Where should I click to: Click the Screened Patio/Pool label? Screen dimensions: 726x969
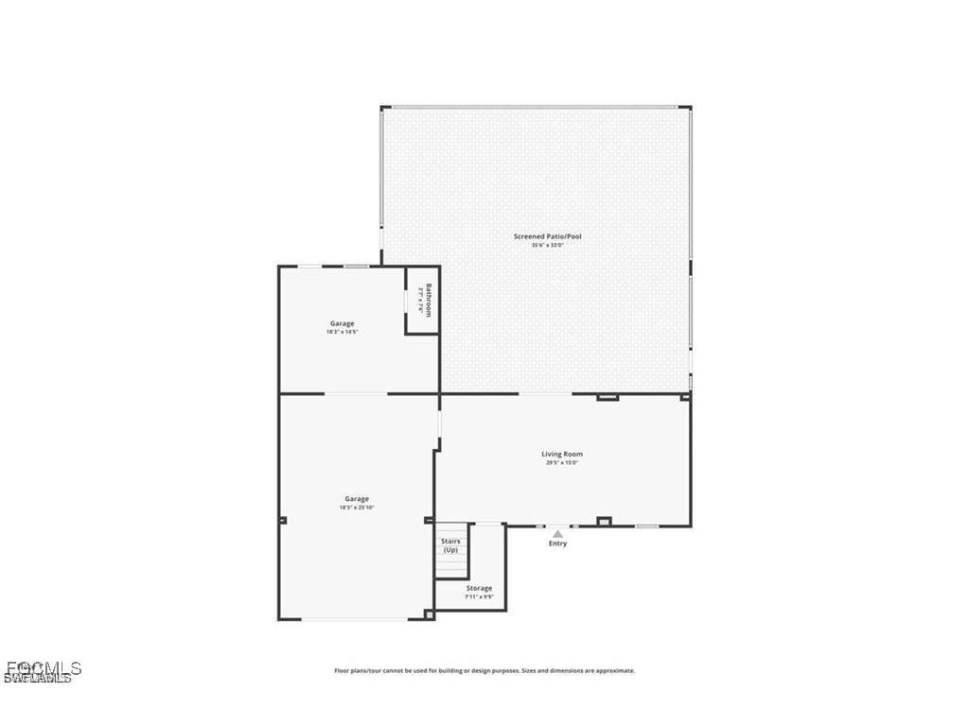(x=547, y=236)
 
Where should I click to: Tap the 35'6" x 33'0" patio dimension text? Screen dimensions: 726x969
(x=547, y=246)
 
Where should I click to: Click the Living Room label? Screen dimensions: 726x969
(x=562, y=454)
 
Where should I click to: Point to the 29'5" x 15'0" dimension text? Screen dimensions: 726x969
(x=562, y=463)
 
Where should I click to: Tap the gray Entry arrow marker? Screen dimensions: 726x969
(x=558, y=534)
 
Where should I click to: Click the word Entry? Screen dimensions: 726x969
(x=558, y=544)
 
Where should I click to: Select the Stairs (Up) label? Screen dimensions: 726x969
(x=450, y=545)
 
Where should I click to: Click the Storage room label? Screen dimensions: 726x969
(x=479, y=588)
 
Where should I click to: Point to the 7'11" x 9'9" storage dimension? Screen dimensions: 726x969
(x=479, y=597)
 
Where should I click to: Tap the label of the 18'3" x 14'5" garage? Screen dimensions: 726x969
(x=343, y=323)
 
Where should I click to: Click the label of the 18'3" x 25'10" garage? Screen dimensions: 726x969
(x=357, y=498)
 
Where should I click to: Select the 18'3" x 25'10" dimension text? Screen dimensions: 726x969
(x=357, y=508)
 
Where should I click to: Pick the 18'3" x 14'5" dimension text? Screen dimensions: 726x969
(x=343, y=333)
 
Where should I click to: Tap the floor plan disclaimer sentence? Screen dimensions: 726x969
(x=484, y=671)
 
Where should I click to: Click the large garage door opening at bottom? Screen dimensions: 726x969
(x=355, y=620)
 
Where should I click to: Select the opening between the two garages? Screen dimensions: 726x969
(x=356, y=393)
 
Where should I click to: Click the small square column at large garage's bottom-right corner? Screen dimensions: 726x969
(x=429, y=614)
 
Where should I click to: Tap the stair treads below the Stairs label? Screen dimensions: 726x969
(x=451, y=567)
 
